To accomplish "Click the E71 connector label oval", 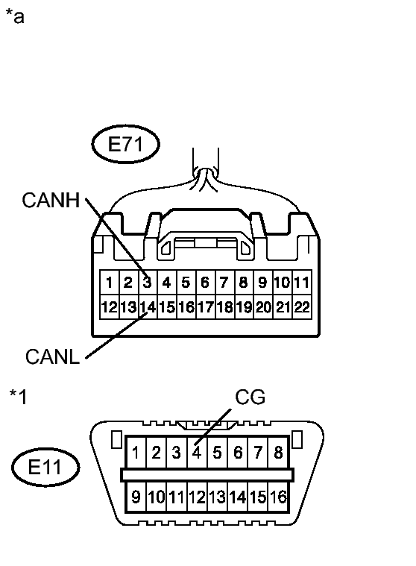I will click(125, 145).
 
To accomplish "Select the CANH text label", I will click(51, 200).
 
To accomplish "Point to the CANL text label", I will click(52, 356).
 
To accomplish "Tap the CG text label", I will click(250, 397).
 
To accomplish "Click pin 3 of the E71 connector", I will click(148, 283).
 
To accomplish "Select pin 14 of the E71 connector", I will click(148, 306).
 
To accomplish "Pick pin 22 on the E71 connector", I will click(302, 306).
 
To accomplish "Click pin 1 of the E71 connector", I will click(109, 283).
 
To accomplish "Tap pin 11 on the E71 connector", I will click(302, 283).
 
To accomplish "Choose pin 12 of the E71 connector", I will click(109, 306).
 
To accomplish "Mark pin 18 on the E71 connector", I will click(224, 306).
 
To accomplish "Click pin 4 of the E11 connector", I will click(197, 452).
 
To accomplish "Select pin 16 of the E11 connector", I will click(279, 497).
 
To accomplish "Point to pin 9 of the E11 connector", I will click(136, 497).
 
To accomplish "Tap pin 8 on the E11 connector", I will click(279, 452).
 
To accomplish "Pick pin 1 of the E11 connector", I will click(136, 452).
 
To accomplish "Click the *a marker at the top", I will click(14, 16).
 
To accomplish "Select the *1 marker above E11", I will click(18, 396).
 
